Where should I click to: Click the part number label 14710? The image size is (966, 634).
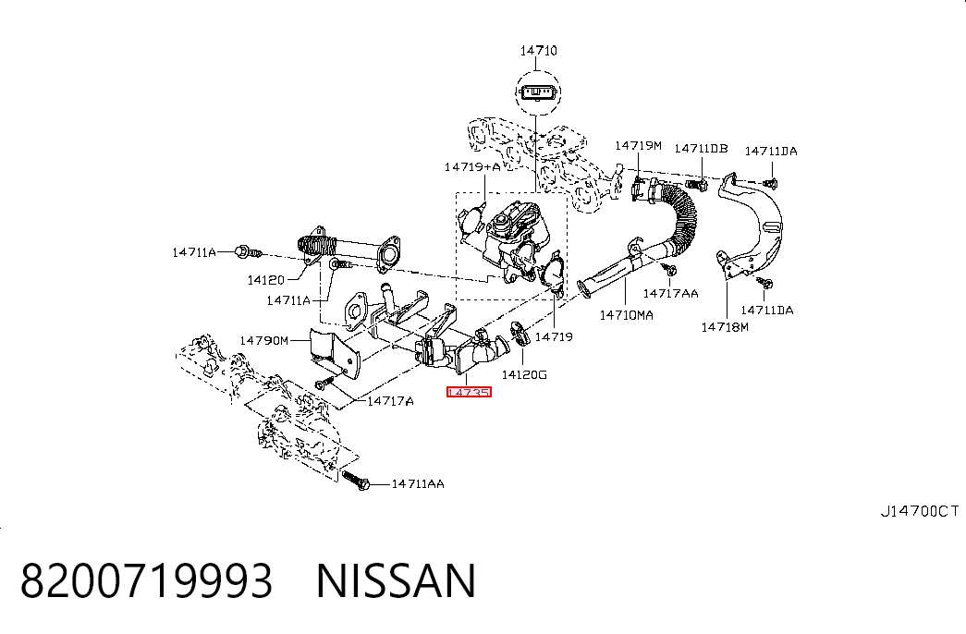[538, 51]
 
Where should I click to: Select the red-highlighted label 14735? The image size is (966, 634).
[469, 392]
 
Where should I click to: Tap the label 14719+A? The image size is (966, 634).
[472, 167]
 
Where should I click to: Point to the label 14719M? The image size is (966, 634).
[638, 145]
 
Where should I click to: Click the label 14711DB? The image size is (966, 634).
[701, 149]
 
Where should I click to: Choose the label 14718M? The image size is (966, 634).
[725, 327]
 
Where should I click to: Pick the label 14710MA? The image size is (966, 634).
[627, 315]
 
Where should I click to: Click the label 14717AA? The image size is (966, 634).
[671, 293]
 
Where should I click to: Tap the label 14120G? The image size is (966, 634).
[524, 374]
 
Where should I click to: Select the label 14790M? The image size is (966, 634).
[263, 340]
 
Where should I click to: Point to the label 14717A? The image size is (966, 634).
[391, 401]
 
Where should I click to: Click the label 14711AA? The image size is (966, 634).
[418, 483]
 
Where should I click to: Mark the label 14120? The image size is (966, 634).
[266, 280]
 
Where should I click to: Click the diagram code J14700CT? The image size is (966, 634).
[920, 511]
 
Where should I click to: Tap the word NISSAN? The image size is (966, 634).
[397, 580]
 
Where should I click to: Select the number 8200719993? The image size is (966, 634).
[147, 580]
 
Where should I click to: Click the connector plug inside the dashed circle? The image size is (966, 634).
[538, 92]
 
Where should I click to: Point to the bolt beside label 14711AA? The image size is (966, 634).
[356, 480]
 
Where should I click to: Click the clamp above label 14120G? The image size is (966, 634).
[520, 334]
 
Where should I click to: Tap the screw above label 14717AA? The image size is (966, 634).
[669, 269]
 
